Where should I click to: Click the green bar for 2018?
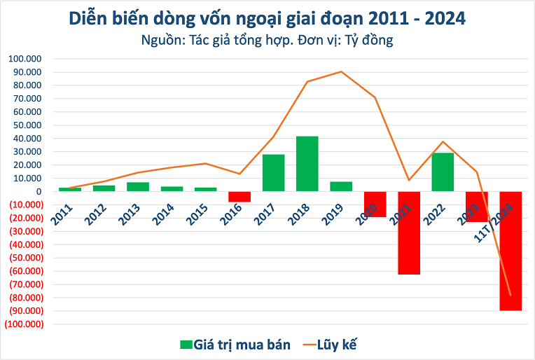point(307,163)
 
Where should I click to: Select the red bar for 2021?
point(409,233)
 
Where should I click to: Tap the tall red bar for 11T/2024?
point(510,251)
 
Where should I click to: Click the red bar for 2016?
point(239,196)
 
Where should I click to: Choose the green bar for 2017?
point(274,172)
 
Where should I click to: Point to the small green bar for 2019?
point(341,186)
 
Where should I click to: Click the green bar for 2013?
point(138,186)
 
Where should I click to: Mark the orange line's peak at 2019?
point(341,71)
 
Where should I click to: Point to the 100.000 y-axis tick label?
point(25,59)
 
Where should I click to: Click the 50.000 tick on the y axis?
point(27,125)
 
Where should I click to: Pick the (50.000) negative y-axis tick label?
point(25,258)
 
